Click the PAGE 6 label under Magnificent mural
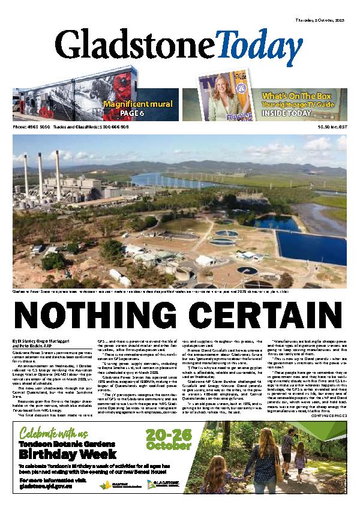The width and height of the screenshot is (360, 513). tap(149, 112)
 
